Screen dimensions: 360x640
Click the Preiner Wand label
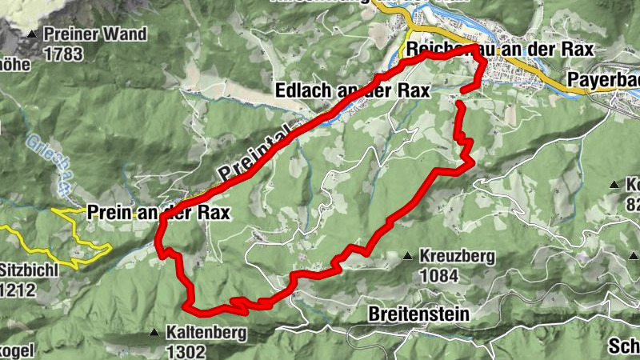(95, 34)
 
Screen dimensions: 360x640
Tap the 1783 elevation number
(64, 54)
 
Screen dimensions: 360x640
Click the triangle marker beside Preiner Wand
(32, 34)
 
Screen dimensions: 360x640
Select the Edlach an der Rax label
(352, 90)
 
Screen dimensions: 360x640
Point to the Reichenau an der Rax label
(500, 50)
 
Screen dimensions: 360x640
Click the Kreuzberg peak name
(455, 257)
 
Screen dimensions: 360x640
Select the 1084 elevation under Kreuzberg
(438, 277)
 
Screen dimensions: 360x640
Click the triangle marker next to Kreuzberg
(407, 257)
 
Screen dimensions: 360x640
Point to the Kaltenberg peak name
(206, 332)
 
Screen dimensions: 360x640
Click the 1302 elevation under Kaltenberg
(187, 351)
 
